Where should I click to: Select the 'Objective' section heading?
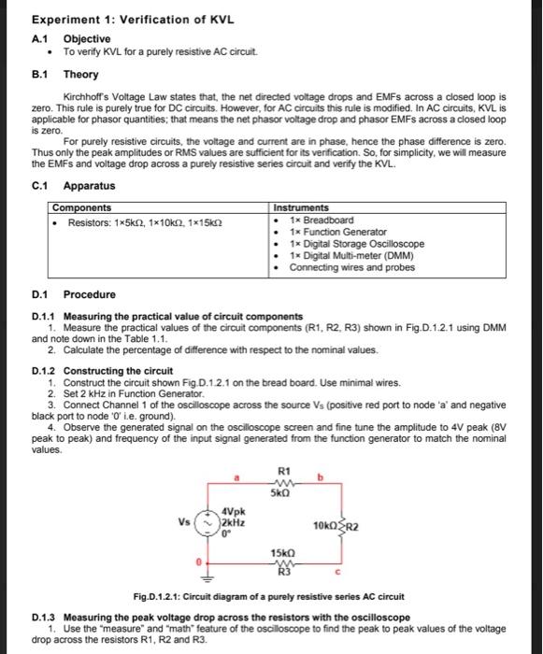click(x=86, y=38)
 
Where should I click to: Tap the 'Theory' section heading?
click(x=79, y=74)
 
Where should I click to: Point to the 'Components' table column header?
click(x=82, y=207)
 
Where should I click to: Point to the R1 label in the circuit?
click(x=284, y=472)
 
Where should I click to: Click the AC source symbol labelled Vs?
click(x=209, y=522)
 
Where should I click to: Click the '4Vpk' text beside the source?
click(x=235, y=512)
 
